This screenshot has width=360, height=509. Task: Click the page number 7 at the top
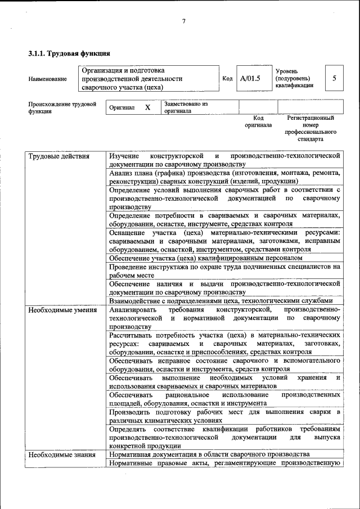click(x=183, y=22)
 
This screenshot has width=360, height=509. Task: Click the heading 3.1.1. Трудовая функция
click(x=69, y=53)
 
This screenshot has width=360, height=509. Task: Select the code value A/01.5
click(x=250, y=79)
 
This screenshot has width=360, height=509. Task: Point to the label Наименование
click(x=47, y=79)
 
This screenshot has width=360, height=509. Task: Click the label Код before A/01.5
click(x=227, y=79)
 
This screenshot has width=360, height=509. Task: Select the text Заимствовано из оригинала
click(x=186, y=107)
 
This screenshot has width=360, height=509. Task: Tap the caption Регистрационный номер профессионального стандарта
click(x=310, y=128)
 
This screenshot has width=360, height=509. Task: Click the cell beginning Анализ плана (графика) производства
click(x=224, y=177)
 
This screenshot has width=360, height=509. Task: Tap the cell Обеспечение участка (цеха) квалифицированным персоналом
click(x=206, y=258)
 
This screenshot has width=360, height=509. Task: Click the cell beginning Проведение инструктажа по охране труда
click(x=224, y=271)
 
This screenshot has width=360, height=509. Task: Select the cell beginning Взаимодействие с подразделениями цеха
click(x=224, y=300)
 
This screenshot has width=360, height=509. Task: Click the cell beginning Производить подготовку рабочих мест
click(x=224, y=416)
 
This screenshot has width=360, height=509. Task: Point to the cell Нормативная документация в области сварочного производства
click(x=209, y=454)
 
